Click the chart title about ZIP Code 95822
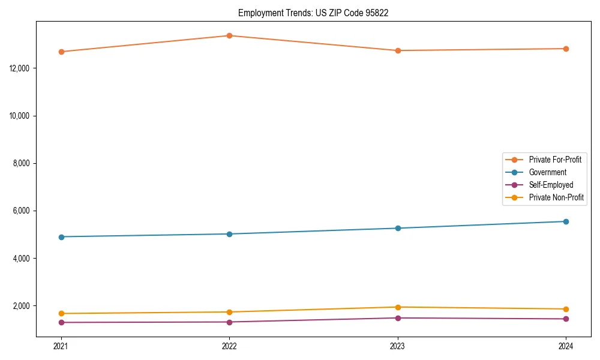coord(313,13)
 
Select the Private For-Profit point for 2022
coord(229,35)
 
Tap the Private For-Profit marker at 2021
coord(61,52)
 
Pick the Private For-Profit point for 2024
coord(566,49)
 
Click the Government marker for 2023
coord(398,228)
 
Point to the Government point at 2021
coord(61,237)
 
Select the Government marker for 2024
coord(566,221)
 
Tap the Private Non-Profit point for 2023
coord(398,307)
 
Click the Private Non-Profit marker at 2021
coord(61,313)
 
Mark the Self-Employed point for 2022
coord(229,322)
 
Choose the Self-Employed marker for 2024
coord(566,319)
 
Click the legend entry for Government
coord(547,172)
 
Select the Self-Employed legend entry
coord(551,185)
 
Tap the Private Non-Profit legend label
coord(556,197)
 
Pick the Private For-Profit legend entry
coord(554,160)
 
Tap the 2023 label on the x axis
coord(398,346)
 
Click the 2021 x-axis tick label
coord(61,346)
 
